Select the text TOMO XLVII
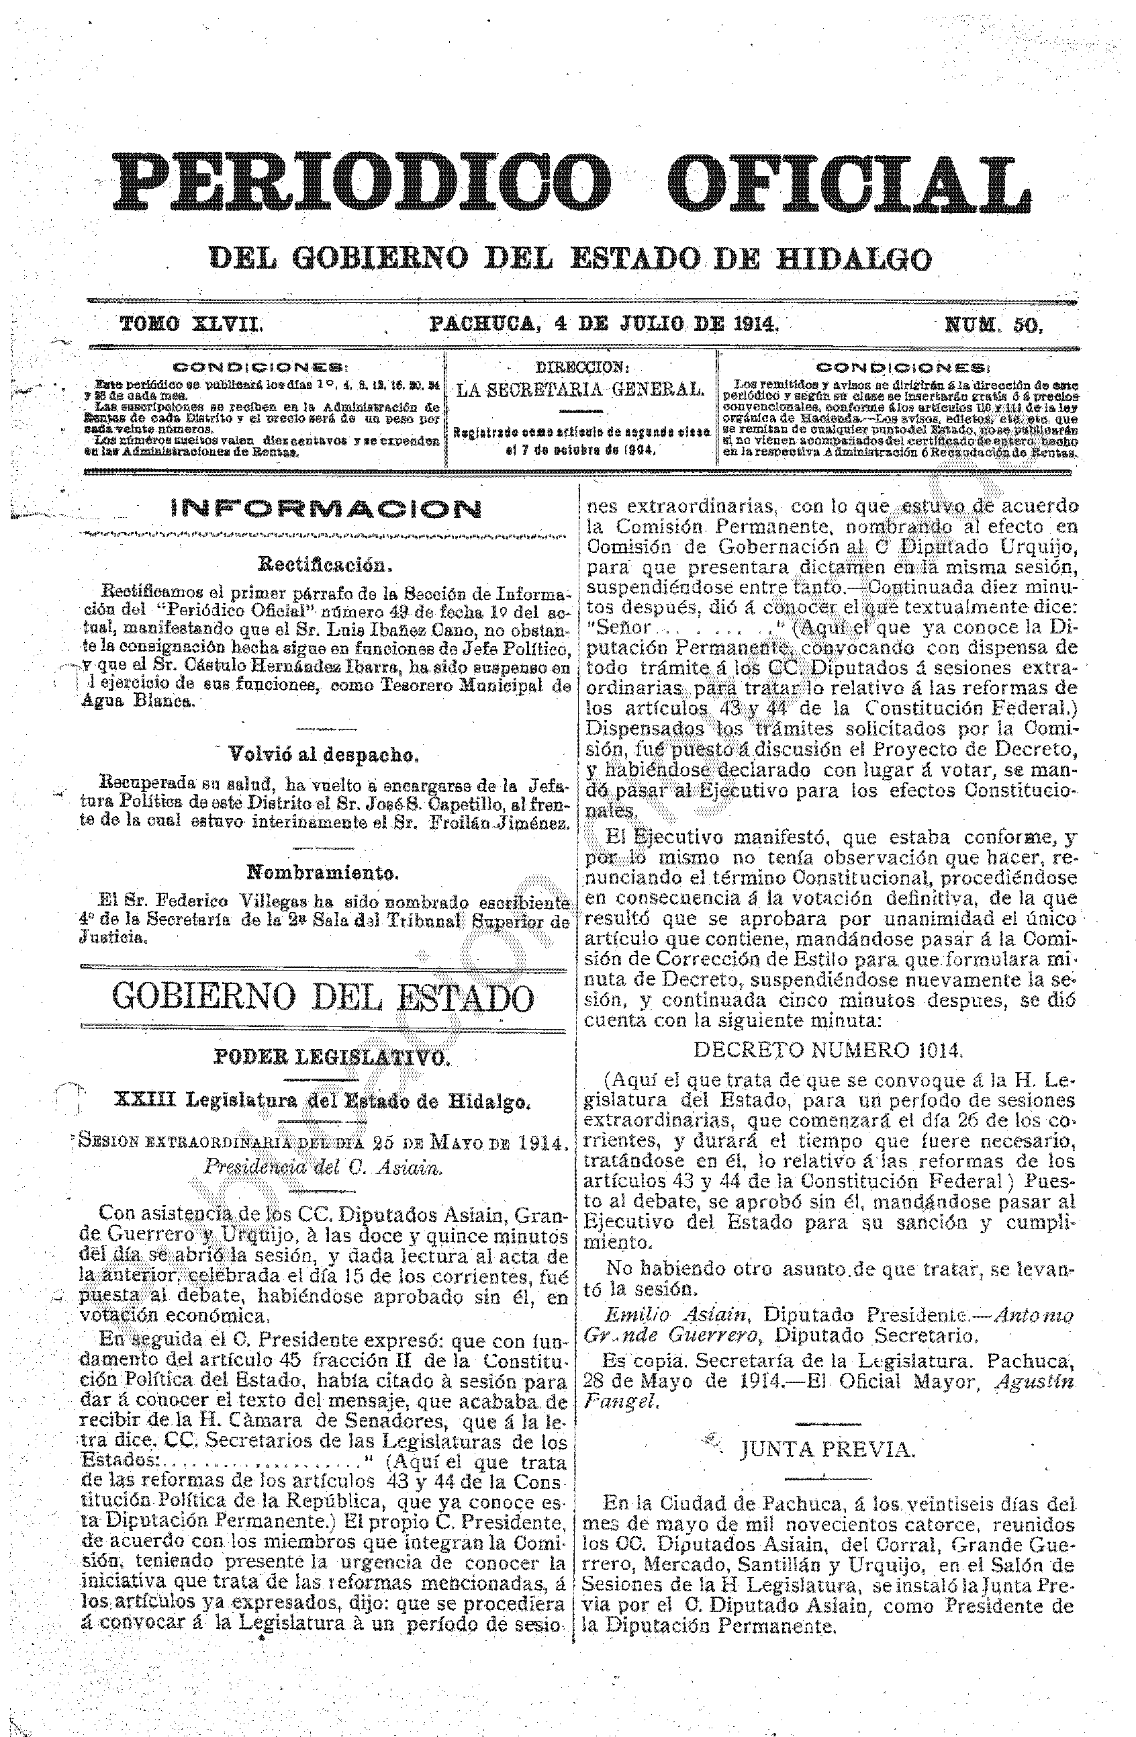(x=191, y=323)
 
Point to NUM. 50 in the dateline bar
(x=994, y=324)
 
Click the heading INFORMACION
(x=326, y=508)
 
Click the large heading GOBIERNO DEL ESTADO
(x=323, y=997)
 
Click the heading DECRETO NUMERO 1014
(x=828, y=1049)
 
